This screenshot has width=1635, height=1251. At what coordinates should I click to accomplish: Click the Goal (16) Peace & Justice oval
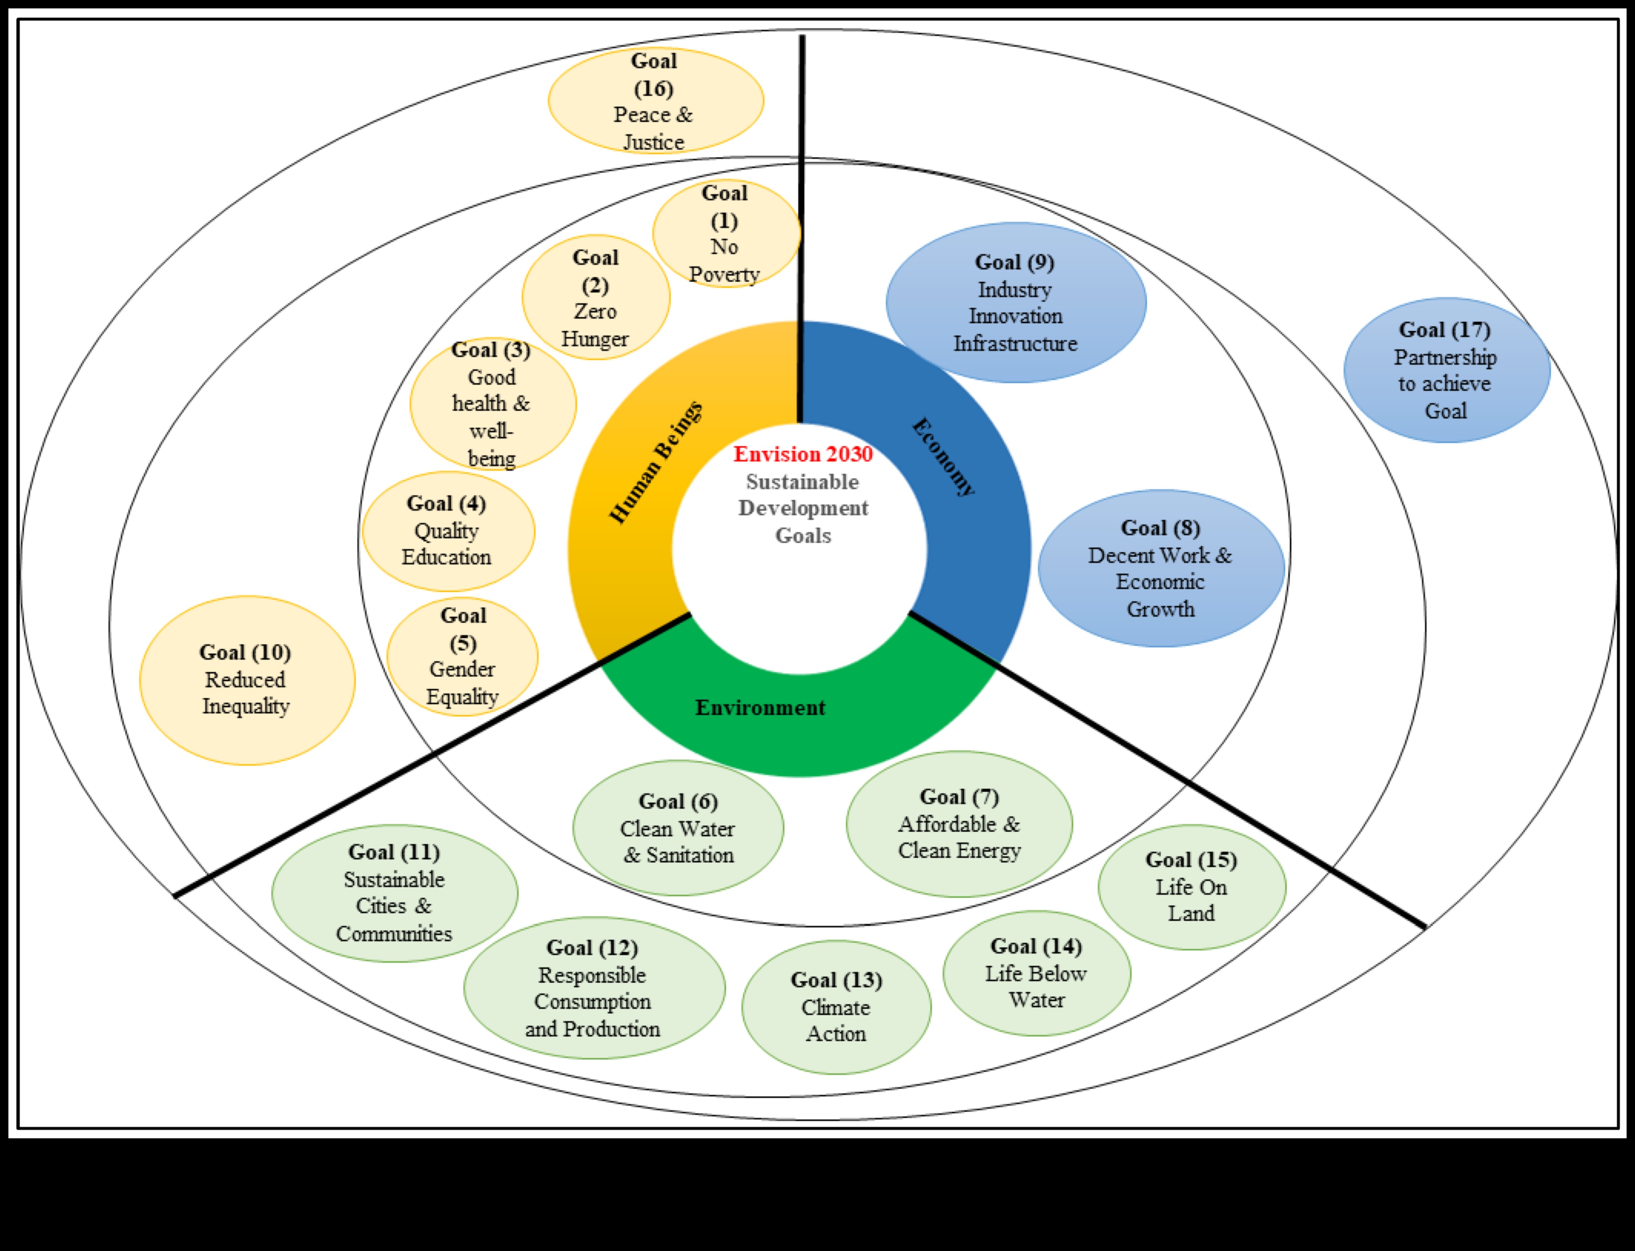[x=655, y=101]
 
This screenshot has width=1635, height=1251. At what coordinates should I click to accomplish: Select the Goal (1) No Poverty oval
[x=726, y=234]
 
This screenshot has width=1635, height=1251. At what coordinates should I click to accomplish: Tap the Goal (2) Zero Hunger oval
[x=596, y=298]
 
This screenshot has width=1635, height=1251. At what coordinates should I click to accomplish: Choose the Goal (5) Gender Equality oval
[x=462, y=657]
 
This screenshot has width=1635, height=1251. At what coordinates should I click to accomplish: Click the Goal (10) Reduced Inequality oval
[x=246, y=680]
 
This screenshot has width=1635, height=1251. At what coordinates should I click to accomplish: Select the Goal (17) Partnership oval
[x=1446, y=370]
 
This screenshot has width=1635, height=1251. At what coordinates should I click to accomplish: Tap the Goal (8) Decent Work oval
[x=1161, y=568]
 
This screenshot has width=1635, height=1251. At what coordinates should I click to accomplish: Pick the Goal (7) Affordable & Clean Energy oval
[x=959, y=824]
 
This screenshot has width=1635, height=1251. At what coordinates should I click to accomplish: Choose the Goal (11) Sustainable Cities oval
[x=395, y=893]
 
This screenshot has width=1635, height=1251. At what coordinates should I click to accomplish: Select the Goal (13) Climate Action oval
[x=836, y=1007]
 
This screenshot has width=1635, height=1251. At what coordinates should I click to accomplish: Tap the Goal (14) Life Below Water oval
[x=1036, y=973]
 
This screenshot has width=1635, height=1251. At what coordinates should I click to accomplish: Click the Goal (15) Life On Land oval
[x=1191, y=887]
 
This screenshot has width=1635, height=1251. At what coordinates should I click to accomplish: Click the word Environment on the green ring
[x=760, y=707]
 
